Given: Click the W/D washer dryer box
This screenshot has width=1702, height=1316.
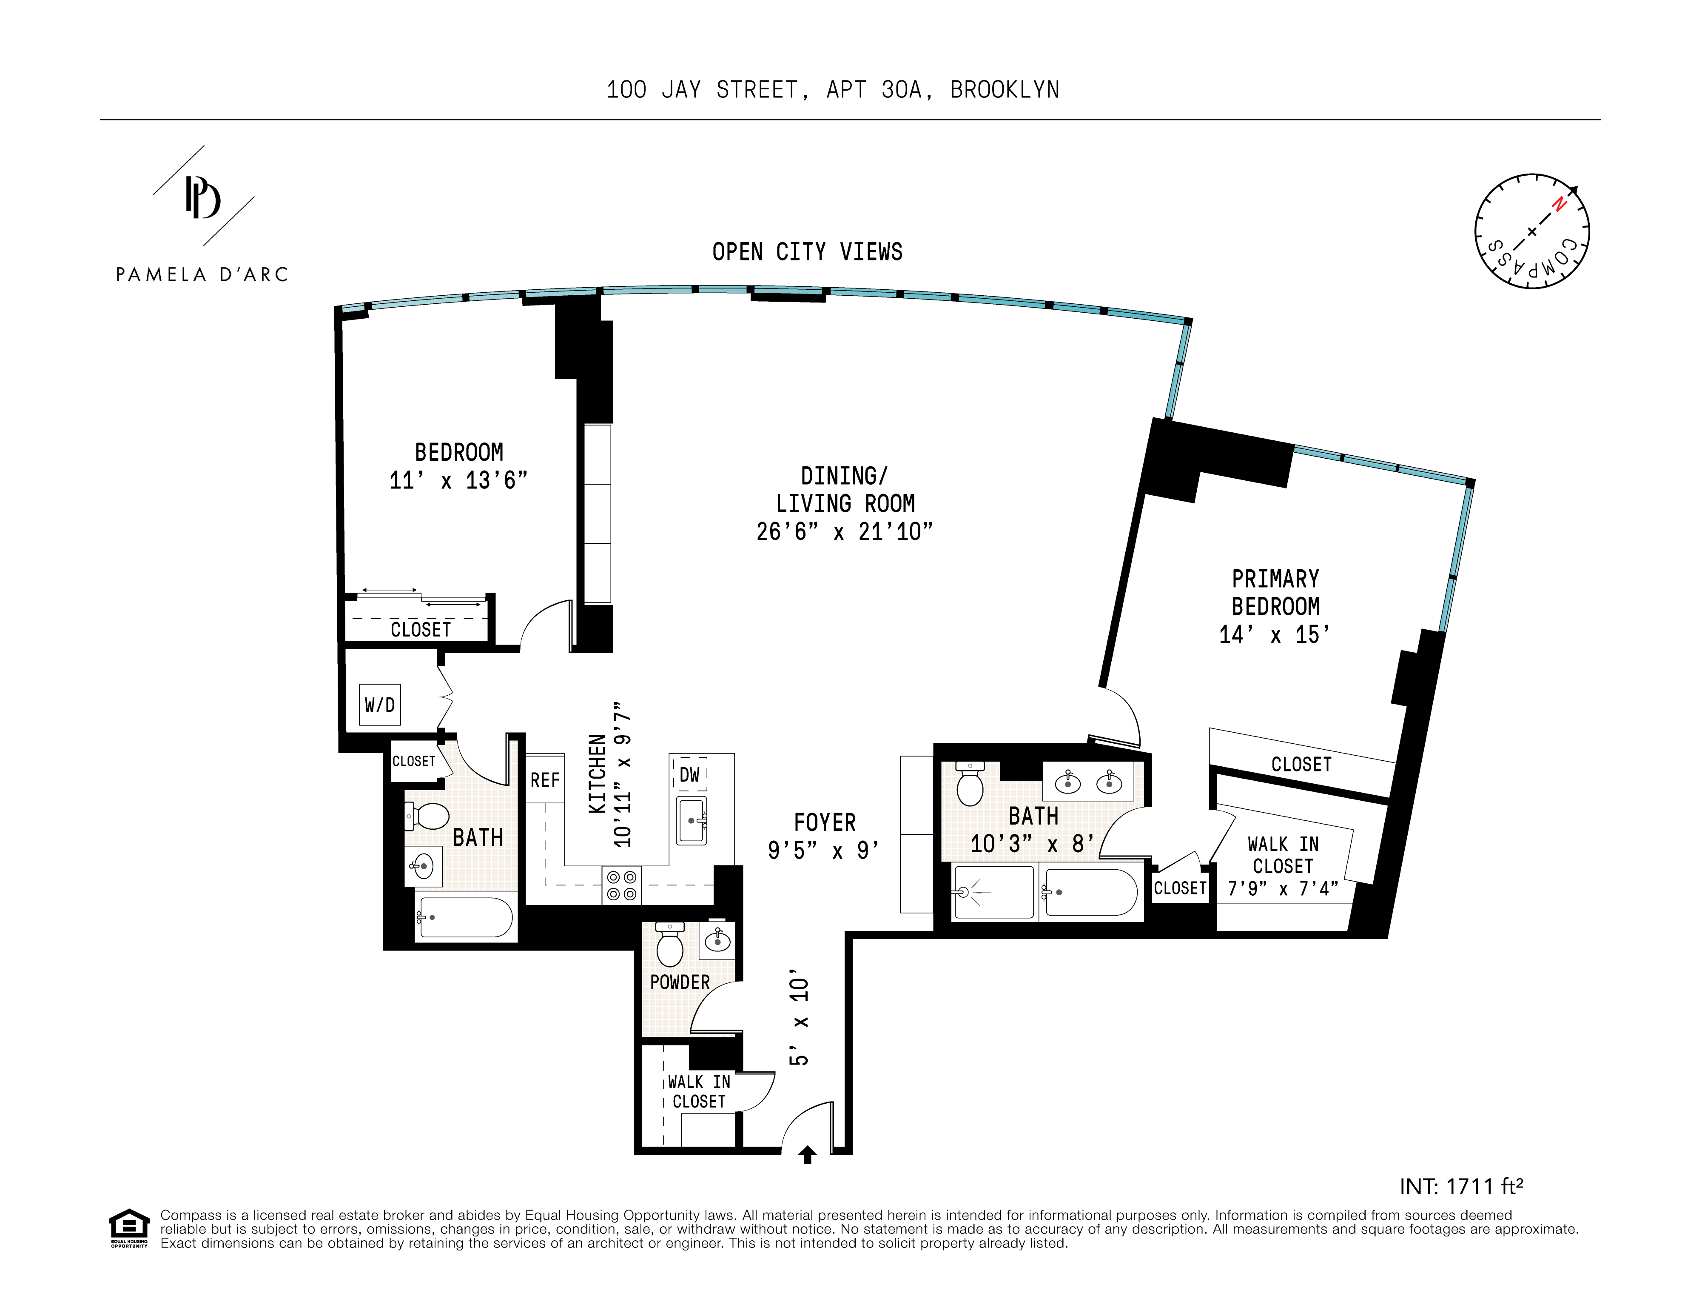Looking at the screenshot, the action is (x=379, y=704).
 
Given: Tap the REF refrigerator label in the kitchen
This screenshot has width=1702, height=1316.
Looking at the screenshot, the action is (x=545, y=779).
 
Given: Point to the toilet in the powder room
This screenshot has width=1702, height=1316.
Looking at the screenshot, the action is (x=669, y=944).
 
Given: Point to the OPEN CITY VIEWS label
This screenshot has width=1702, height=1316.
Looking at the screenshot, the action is (x=807, y=252).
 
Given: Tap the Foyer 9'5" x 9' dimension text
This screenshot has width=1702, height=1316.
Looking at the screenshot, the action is (x=824, y=850).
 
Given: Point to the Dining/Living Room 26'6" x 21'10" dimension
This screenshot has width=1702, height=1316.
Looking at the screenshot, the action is (x=845, y=532).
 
